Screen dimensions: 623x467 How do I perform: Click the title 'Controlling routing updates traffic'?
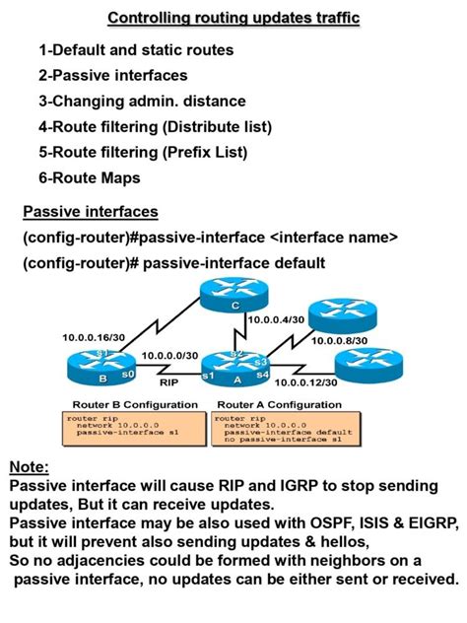[233, 18]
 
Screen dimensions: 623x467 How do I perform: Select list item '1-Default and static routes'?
[136, 49]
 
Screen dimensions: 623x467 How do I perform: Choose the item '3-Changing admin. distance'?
[142, 101]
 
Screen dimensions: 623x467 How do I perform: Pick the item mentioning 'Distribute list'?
[155, 126]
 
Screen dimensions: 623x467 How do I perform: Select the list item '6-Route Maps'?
[90, 177]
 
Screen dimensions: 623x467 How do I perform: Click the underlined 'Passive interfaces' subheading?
[90, 212]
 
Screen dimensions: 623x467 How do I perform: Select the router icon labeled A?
[236, 367]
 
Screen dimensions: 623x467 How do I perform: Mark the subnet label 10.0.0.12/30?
[307, 382]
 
